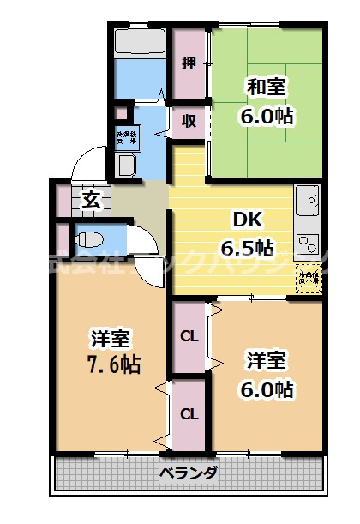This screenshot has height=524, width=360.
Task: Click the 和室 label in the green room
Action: pos(267,87)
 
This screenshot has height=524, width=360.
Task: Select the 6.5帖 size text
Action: pos(247,248)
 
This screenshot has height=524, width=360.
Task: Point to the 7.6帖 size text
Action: pos(114,364)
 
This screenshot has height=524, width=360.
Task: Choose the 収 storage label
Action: pos(189,121)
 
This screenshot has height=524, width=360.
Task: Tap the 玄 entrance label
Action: pos(91,201)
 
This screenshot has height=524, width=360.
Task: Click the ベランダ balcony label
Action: pos(189,473)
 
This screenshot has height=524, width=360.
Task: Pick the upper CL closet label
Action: pos(189,336)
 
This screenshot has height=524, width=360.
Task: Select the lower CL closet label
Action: pos(189,414)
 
